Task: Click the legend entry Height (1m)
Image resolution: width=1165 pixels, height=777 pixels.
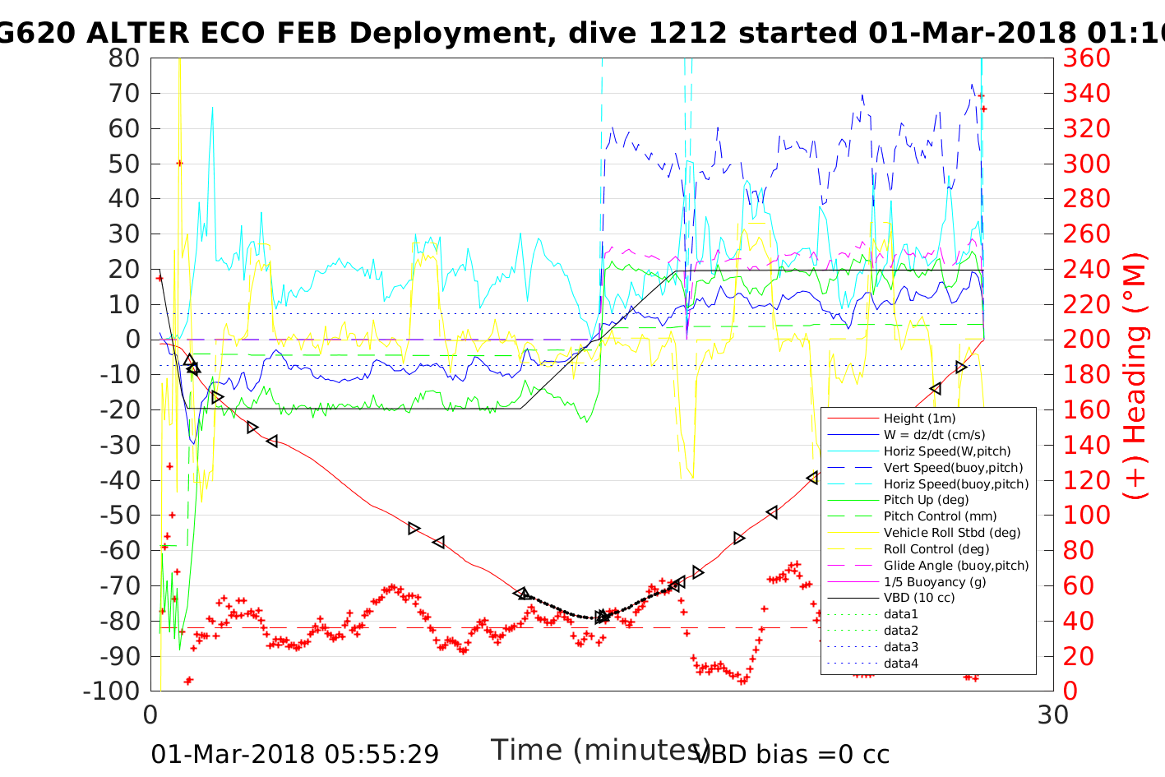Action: [x=919, y=419]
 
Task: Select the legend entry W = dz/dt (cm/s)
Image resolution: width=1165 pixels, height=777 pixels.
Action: [x=934, y=435]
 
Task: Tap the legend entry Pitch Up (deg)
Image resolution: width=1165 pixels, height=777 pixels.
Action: [x=926, y=500]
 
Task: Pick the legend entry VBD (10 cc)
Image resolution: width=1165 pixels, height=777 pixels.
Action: [x=919, y=598]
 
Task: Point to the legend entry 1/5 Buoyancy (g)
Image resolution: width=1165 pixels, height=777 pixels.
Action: [x=935, y=581]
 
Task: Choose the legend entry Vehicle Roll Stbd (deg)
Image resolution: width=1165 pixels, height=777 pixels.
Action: [x=952, y=533]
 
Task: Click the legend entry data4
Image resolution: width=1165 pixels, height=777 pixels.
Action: [x=901, y=664]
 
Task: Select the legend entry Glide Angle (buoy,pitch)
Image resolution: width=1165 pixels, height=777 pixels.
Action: [x=956, y=566]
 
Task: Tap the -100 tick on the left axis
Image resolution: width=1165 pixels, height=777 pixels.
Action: [x=112, y=691]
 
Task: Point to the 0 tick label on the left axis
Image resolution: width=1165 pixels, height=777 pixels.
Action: [x=132, y=340]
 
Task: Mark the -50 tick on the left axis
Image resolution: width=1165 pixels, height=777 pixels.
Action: [x=118, y=516]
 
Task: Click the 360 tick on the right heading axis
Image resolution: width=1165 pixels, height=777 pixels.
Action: [x=1086, y=58]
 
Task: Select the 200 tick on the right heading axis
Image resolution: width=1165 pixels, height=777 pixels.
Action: [x=1086, y=340]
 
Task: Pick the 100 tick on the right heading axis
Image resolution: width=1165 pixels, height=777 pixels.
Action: [x=1086, y=516]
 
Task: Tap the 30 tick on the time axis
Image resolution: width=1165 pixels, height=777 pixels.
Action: [x=1053, y=715]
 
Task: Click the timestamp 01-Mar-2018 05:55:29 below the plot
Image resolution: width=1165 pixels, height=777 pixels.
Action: [x=294, y=754]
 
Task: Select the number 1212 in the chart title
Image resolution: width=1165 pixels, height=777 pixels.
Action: [x=687, y=33]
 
